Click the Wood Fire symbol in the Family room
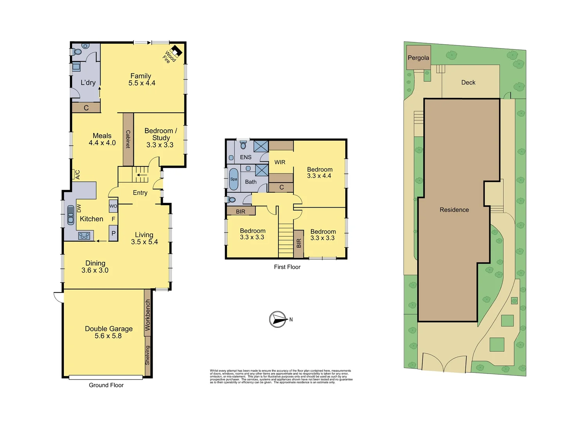coord(176,51)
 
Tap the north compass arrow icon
coord(278,320)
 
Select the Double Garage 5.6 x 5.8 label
coord(108,332)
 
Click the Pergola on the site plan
coord(418,58)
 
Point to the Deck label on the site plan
coord(468,82)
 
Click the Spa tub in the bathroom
coord(234,179)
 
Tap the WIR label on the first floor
coord(280,162)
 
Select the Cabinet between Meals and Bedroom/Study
coord(128,139)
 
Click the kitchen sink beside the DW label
coord(71,215)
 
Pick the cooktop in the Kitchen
coord(84,236)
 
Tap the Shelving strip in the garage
coord(148,355)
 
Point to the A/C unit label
coord(77,175)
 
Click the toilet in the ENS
coord(243,145)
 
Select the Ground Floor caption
coord(106,385)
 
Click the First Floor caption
coord(287,267)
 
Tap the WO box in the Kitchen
coord(113,206)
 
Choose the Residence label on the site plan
coord(454,210)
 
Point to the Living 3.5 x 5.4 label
coord(144,238)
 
